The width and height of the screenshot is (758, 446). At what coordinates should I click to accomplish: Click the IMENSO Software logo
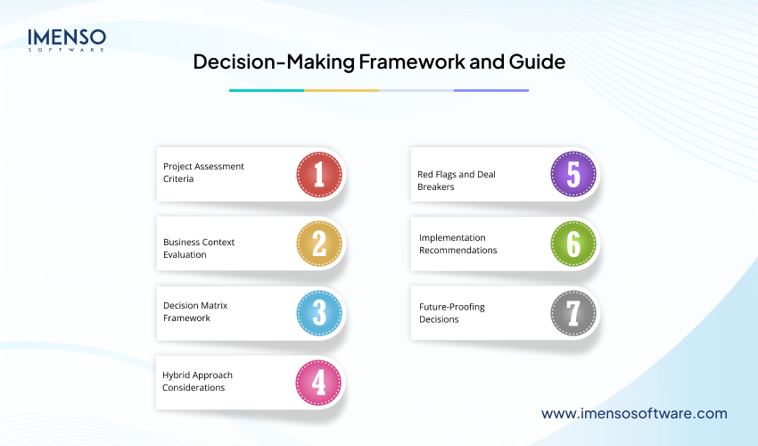coord(67,40)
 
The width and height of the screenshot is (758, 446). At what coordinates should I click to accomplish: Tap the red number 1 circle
coord(319,173)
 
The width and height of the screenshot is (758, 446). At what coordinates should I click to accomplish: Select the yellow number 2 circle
coord(319,243)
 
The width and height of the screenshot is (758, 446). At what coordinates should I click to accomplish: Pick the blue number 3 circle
coord(319,312)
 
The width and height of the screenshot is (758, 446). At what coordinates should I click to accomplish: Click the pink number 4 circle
coord(319,382)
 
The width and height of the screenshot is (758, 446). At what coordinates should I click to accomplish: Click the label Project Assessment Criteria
coord(203,172)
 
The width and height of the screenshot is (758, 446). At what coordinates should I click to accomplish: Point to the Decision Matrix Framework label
coord(195,311)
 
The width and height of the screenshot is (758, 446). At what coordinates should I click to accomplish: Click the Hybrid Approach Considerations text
coord(197,381)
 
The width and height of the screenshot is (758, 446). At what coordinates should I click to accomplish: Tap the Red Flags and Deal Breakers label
coord(457,180)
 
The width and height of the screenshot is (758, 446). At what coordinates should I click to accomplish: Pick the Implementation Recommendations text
coord(458,244)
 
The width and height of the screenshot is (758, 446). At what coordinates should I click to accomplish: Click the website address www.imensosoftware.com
coord(634,414)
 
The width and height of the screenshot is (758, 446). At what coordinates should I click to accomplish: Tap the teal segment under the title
coord(266,90)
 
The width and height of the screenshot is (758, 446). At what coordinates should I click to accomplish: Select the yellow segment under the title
coord(342,90)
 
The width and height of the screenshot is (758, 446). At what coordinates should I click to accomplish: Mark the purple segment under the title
coord(491,90)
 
